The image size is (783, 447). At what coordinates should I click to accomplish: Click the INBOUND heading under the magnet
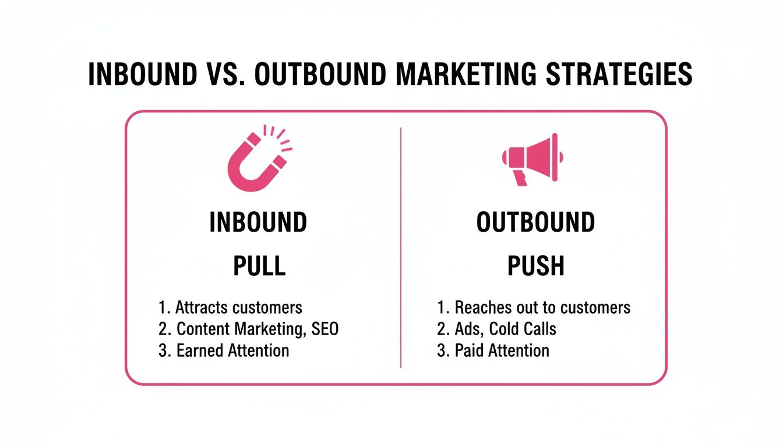click(x=258, y=223)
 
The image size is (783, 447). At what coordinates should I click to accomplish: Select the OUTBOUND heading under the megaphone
click(x=535, y=223)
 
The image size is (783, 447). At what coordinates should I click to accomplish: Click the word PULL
click(x=259, y=266)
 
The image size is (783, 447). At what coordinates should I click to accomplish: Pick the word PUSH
click(x=536, y=266)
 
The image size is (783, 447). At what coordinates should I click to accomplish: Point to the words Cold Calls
click(x=523, y=329)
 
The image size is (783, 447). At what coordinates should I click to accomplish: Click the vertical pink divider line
click(x=401, y=247)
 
